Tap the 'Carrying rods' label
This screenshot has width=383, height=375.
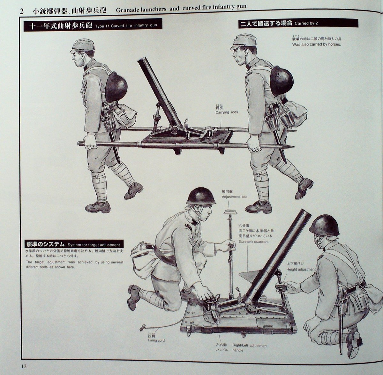tap(226, 112)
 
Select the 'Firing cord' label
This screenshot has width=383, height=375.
tap(156, 340)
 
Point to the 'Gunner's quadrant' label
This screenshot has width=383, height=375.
tap(253, 242)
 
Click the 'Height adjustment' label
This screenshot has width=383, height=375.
tap(301, 269)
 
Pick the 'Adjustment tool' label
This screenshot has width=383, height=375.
tap(235, 197)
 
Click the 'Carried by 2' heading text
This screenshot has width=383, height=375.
tap(306, 23)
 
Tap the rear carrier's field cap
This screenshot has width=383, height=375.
tap(241, 42)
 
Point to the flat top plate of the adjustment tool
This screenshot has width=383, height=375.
tap(230, 212)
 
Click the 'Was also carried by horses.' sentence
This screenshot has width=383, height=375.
tap(316, 44)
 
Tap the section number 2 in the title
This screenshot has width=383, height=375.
tap(21, 11)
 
